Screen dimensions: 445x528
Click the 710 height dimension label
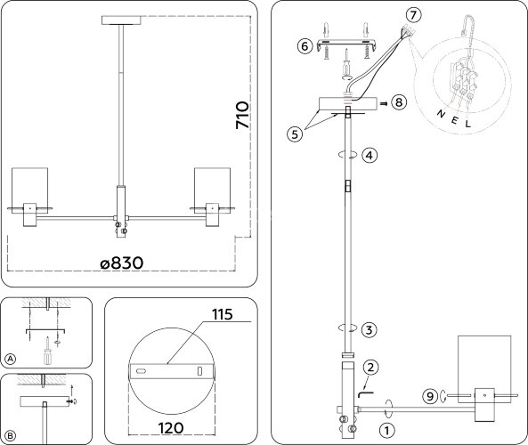click(x=241, y=117)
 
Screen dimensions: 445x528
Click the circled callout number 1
click(x=386, y=429)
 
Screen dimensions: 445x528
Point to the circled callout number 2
click(x=370, y=367)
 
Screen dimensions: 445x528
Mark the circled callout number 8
click(x=398, y=102)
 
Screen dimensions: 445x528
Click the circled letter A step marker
click(x=11, y=359)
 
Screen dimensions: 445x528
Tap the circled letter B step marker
click(x=11, y=434)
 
